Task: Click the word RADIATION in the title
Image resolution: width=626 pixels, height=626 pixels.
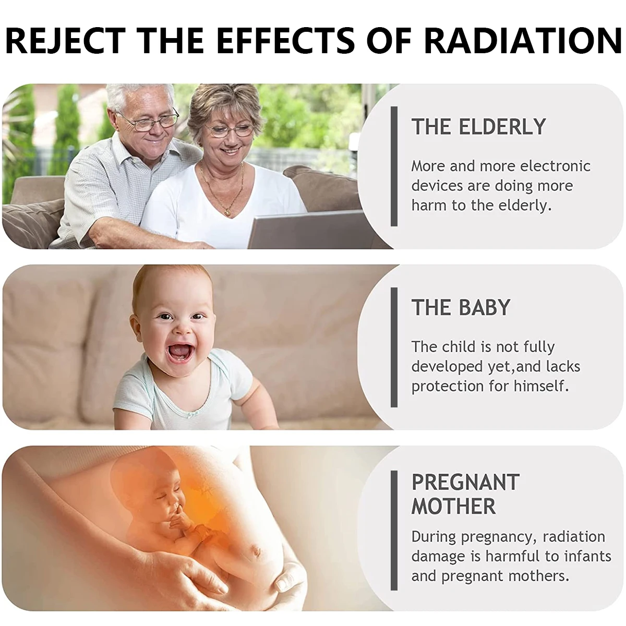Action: (x=523, y=40)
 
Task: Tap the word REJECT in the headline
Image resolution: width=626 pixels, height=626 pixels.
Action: (x=66, y=40)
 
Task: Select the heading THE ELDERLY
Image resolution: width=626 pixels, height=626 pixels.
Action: (x=478, y=126)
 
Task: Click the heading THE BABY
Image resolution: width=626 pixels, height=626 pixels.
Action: (x=461, y=307)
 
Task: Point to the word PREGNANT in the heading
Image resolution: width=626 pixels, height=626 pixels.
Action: (x=465, y=482)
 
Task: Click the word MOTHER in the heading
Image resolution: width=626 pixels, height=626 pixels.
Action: (x=453, y=506)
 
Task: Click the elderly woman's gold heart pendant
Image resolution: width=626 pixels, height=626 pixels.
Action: (x=226, y=211)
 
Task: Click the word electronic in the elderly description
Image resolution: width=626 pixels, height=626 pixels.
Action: (x=555, y=166)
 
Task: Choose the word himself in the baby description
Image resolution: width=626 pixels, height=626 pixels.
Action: (x=541, y=386)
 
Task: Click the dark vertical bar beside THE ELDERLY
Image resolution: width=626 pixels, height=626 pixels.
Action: (x=394, y=166)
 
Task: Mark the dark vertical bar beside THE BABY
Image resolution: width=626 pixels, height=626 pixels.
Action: (x=394, y=347)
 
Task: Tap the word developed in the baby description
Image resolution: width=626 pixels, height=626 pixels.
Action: (x=447, y=367)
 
